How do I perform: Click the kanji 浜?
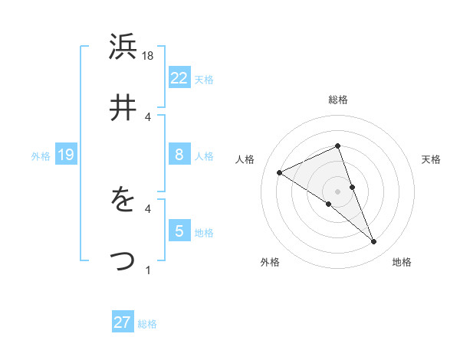123,48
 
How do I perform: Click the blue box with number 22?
179,77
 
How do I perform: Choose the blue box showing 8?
179,155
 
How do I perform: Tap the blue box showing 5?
179,231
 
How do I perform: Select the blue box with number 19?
65,155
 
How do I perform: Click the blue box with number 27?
123,322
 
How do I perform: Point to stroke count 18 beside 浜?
149,56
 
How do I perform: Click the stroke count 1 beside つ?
149,269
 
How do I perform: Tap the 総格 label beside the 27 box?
147,324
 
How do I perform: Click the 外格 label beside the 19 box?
41,156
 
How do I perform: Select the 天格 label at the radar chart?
431,159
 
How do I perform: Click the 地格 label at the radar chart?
402,263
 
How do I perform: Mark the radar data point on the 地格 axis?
374,242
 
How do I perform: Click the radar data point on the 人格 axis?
280,172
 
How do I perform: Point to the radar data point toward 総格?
337,146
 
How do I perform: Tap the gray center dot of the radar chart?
337,191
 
